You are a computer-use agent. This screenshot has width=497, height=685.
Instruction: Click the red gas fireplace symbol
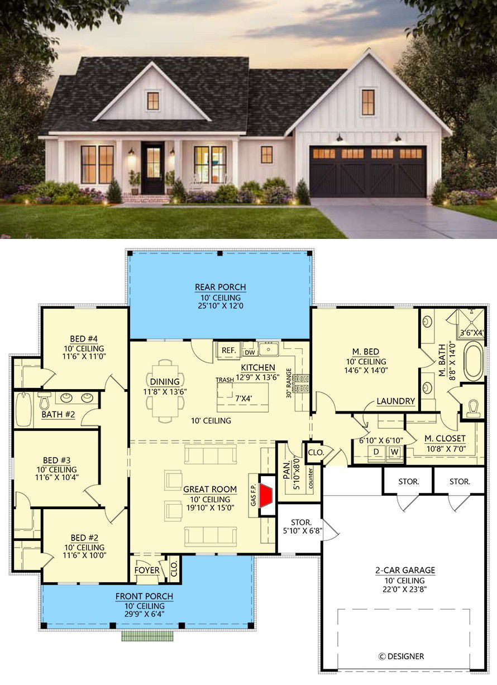(265, 495)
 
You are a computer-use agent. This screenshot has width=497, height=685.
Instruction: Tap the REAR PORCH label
(221, 287)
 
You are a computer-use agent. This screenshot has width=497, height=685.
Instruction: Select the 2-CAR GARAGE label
(405, 570)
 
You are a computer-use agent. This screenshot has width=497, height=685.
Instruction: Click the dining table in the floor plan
(165, 391)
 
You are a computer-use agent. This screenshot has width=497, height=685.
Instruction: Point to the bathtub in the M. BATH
(474, 361)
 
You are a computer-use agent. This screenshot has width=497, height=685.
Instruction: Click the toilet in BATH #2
(45, 401)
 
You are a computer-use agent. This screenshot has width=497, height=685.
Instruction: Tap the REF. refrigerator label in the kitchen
(228, 351)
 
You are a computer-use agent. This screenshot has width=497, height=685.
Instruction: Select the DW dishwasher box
(250, 352)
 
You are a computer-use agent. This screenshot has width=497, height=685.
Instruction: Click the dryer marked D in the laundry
(376, 452)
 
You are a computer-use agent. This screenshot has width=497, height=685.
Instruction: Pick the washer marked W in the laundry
(395, 452)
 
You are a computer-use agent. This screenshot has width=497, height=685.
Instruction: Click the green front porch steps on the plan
(147, 636)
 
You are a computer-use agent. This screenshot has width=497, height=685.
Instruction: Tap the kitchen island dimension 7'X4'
(244, 399)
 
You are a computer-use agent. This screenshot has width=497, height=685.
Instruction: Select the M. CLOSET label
(445, 438)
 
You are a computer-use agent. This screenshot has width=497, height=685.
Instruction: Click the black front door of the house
(153, 168)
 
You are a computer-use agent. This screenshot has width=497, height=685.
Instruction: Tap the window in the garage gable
(368, 102)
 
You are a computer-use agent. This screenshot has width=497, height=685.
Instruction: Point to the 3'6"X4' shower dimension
(472, 333)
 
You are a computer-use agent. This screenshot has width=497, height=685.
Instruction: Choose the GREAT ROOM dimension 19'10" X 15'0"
(211, 507)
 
